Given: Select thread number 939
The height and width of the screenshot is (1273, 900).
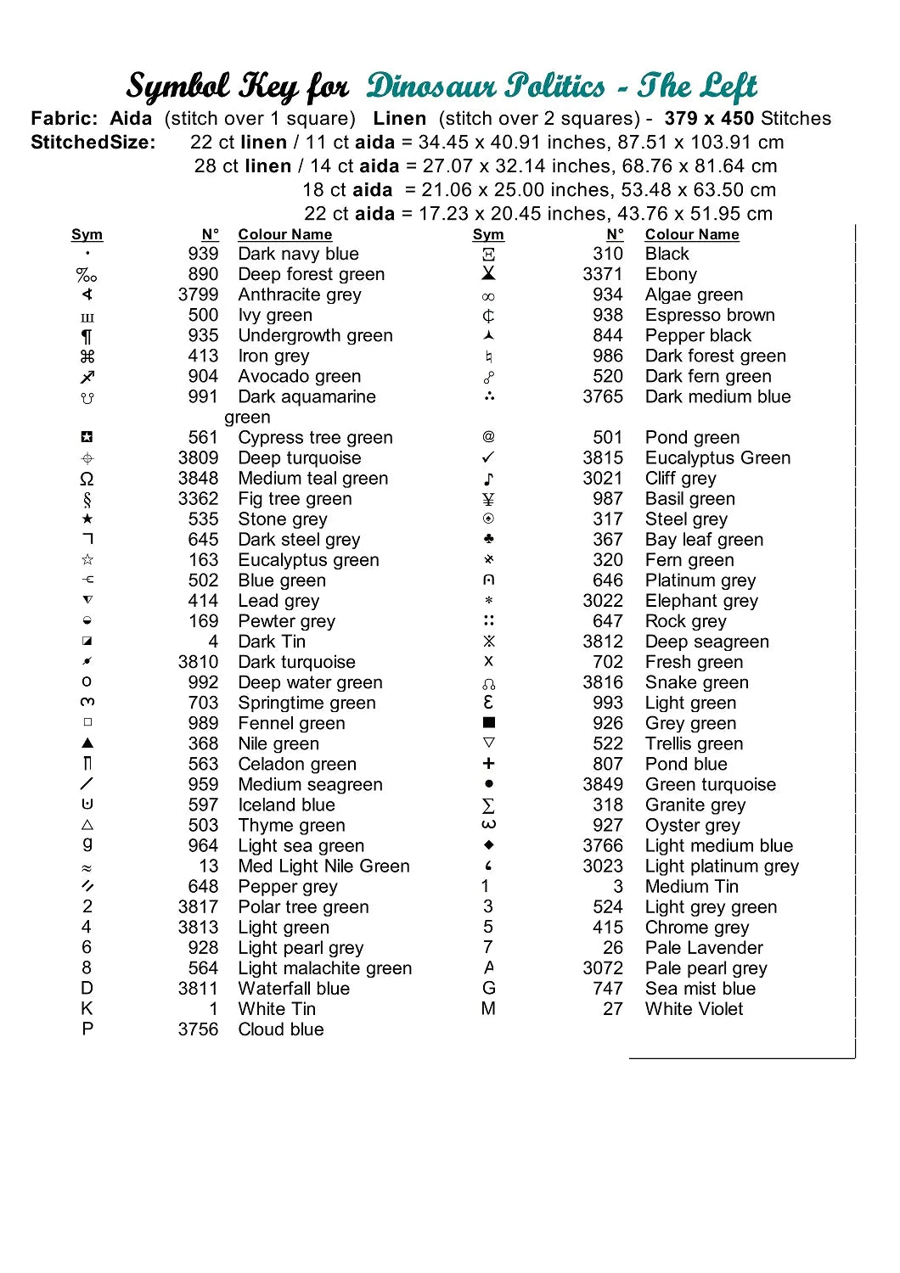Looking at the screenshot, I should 203,254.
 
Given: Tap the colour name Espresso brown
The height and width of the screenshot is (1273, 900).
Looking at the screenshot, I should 710,315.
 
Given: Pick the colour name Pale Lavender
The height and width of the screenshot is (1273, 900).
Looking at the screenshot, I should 704,947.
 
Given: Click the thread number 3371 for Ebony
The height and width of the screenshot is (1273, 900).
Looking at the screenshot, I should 603,274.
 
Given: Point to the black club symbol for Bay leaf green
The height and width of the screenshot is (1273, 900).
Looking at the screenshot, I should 488,539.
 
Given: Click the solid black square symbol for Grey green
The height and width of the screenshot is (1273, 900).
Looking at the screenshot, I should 488,723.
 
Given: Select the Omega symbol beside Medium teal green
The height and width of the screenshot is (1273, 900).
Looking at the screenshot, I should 87,479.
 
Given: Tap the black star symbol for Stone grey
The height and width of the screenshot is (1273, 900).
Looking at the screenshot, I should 87,519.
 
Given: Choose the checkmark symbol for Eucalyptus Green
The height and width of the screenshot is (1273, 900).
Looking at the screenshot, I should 488,457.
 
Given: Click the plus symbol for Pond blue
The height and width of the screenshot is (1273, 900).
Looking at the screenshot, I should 488,764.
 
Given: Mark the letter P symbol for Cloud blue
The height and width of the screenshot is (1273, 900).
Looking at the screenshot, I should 87,1029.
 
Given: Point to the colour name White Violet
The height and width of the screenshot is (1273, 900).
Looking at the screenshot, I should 694,1008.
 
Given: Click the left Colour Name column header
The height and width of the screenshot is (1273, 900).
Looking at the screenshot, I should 284,234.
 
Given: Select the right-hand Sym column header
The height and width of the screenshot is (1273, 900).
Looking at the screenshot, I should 488,234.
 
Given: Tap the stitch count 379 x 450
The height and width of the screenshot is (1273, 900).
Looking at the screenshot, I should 709,118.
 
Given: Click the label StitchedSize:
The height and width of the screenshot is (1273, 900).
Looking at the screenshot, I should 93,142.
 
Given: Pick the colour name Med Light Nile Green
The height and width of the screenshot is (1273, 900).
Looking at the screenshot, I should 323,866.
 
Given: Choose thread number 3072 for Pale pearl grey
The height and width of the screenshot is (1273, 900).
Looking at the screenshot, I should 603,967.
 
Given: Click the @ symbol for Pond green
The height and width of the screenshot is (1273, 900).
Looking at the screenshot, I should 488,437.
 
